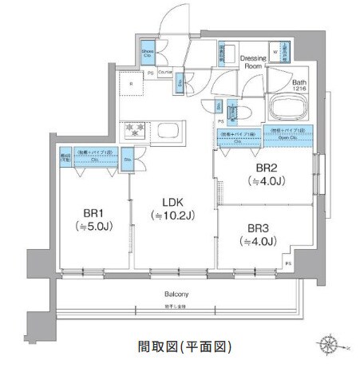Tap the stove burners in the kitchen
[130, 130]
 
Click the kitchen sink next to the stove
[168, 130]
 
